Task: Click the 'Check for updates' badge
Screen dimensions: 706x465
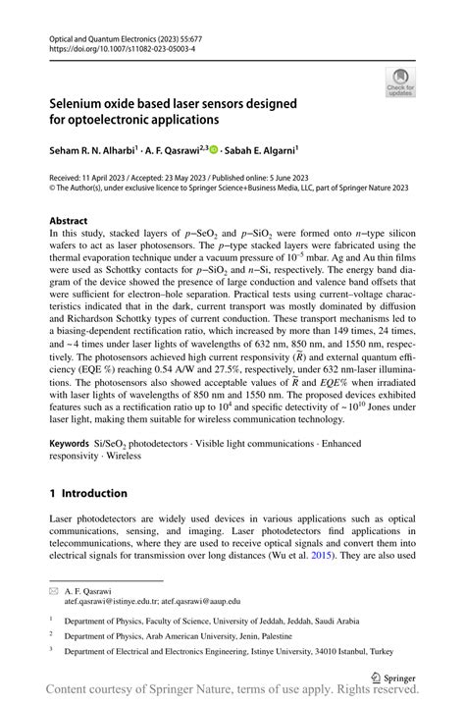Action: (x=400, y=82)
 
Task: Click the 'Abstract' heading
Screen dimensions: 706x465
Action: (x=69, y=222)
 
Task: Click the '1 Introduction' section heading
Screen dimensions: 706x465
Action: (x=88, y=493)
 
